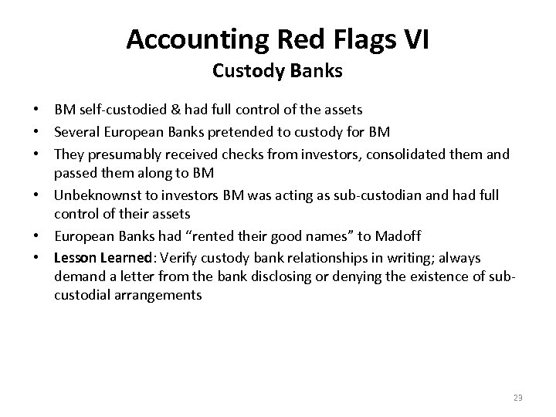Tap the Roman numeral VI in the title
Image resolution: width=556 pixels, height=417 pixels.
click(414, 38)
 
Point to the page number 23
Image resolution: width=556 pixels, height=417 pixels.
click(517, 398)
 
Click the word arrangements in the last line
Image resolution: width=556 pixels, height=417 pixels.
click(151, 295)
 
